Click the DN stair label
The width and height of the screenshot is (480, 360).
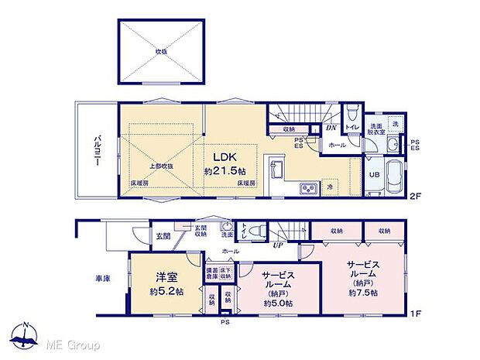point(331,128)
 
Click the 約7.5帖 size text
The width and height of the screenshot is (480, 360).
point(362,293)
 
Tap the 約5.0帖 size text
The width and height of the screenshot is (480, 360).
point(277,303)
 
